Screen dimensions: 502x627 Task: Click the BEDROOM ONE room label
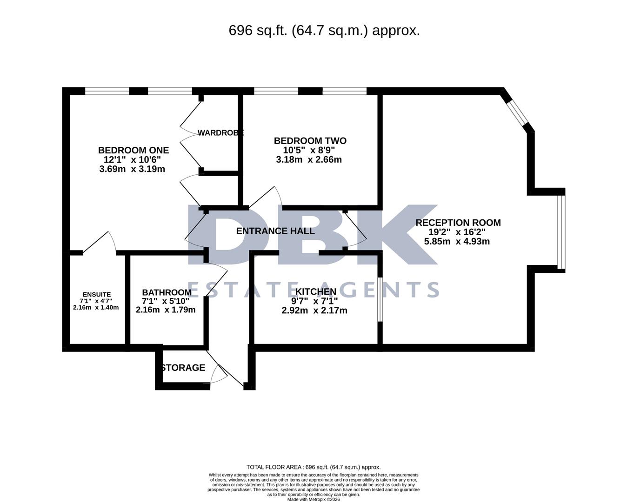[133, 150]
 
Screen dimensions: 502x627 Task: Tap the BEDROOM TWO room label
[310, 141]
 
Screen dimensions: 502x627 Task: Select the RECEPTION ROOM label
[458, 223]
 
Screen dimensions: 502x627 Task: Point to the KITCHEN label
[315, 292]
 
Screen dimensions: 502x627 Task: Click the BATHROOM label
[167, 292]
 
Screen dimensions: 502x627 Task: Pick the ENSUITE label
[96, 294]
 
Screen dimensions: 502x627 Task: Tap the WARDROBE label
[220, 133]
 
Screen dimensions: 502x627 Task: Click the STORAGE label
[183, 368]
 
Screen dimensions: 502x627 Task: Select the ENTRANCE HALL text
[275, 231]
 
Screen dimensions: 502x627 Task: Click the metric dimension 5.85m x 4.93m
[457, 242]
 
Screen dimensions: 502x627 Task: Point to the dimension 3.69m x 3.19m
[132, 169]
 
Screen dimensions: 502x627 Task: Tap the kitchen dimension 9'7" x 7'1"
[314, 301]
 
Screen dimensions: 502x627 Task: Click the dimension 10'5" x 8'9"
[309, 151]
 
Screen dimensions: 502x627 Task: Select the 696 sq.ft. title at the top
[324, 31]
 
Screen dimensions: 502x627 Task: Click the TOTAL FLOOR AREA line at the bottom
[313, 467]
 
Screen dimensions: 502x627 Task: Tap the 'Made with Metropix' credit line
[313, 500]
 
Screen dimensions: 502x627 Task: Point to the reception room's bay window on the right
[562, 232]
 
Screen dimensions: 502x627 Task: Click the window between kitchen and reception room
[380, 299]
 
